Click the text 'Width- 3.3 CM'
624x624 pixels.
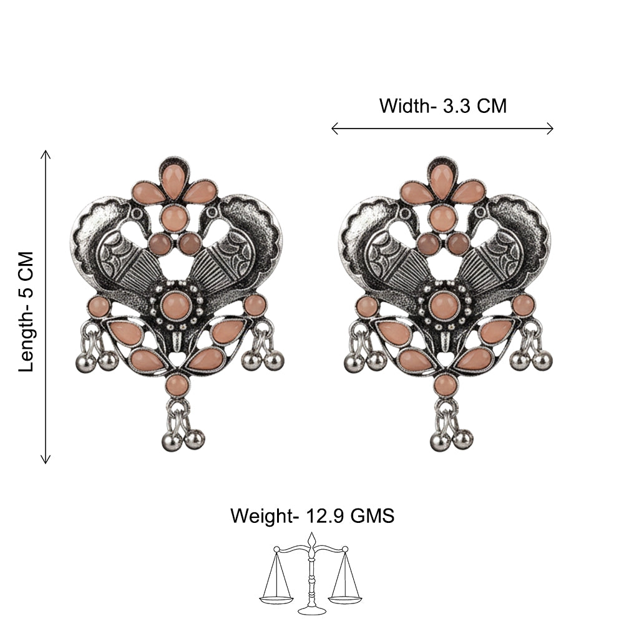tap(443, 106)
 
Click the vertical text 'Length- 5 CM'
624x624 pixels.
tap(27, 311)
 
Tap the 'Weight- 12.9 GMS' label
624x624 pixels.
tap(313, 516)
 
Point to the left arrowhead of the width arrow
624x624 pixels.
tap(334, 129)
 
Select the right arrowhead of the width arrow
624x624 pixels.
tap(550, 129)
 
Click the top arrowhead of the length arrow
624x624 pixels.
tap(46, 154)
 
